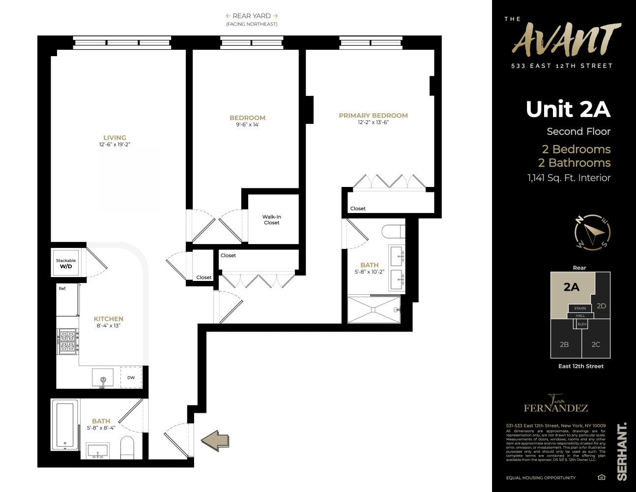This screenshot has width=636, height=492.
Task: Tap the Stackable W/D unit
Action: click(66, 264)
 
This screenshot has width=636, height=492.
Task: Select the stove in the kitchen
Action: click(68, 341)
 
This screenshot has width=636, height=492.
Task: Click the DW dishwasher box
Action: click(131, 377)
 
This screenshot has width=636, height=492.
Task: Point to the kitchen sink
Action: click(103, 378)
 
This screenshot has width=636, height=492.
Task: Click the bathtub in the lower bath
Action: click(65, 425)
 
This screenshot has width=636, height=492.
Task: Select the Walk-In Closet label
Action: click(271, 219)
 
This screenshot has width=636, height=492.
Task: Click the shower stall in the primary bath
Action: click(374, 309)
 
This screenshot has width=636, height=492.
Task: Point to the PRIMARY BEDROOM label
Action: click(373, 116)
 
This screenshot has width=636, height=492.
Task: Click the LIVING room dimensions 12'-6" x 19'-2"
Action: click(115, 145)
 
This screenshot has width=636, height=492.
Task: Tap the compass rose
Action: click(592, 232)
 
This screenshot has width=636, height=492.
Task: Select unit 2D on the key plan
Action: click(601, 306)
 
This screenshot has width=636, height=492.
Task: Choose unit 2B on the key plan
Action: click(564, 344)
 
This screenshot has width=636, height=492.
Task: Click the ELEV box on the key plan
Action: click(582, 324)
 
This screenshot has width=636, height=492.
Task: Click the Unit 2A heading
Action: click(568, 109)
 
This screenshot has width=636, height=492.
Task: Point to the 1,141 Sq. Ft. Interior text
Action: click(569, 178)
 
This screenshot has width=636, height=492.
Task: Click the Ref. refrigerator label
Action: click(62, 288)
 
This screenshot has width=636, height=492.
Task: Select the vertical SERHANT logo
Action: click(622, 451)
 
